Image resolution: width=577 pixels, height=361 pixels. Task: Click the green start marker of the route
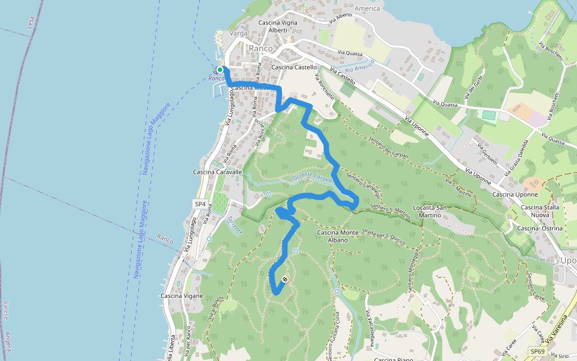(220, 70)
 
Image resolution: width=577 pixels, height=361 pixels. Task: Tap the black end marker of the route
(285, 279)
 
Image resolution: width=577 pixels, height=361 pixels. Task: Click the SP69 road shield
(537, 351)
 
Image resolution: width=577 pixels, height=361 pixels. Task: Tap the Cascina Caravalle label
(217, 172)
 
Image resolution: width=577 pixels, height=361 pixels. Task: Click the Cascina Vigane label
(181, 296)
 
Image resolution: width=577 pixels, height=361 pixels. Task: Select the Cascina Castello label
(294, 67)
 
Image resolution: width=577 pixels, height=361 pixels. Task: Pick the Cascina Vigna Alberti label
(278, 26)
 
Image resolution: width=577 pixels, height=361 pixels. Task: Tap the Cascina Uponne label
(514, 195)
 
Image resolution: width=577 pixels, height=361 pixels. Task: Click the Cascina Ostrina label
(540, 229)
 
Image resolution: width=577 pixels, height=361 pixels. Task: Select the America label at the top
(367, 9)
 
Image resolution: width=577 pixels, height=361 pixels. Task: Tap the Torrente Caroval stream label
(311, 179)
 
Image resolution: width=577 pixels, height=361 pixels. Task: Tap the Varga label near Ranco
(239, 34)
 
